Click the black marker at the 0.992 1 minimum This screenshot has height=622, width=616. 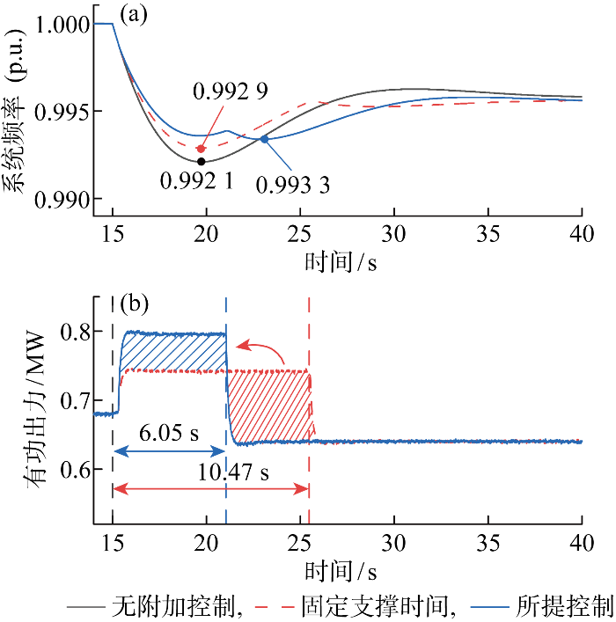point(202,161)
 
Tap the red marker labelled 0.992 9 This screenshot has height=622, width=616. point(200,149)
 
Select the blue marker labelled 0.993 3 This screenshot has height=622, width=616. point(264,139)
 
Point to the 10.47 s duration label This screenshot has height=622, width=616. point(232,472)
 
